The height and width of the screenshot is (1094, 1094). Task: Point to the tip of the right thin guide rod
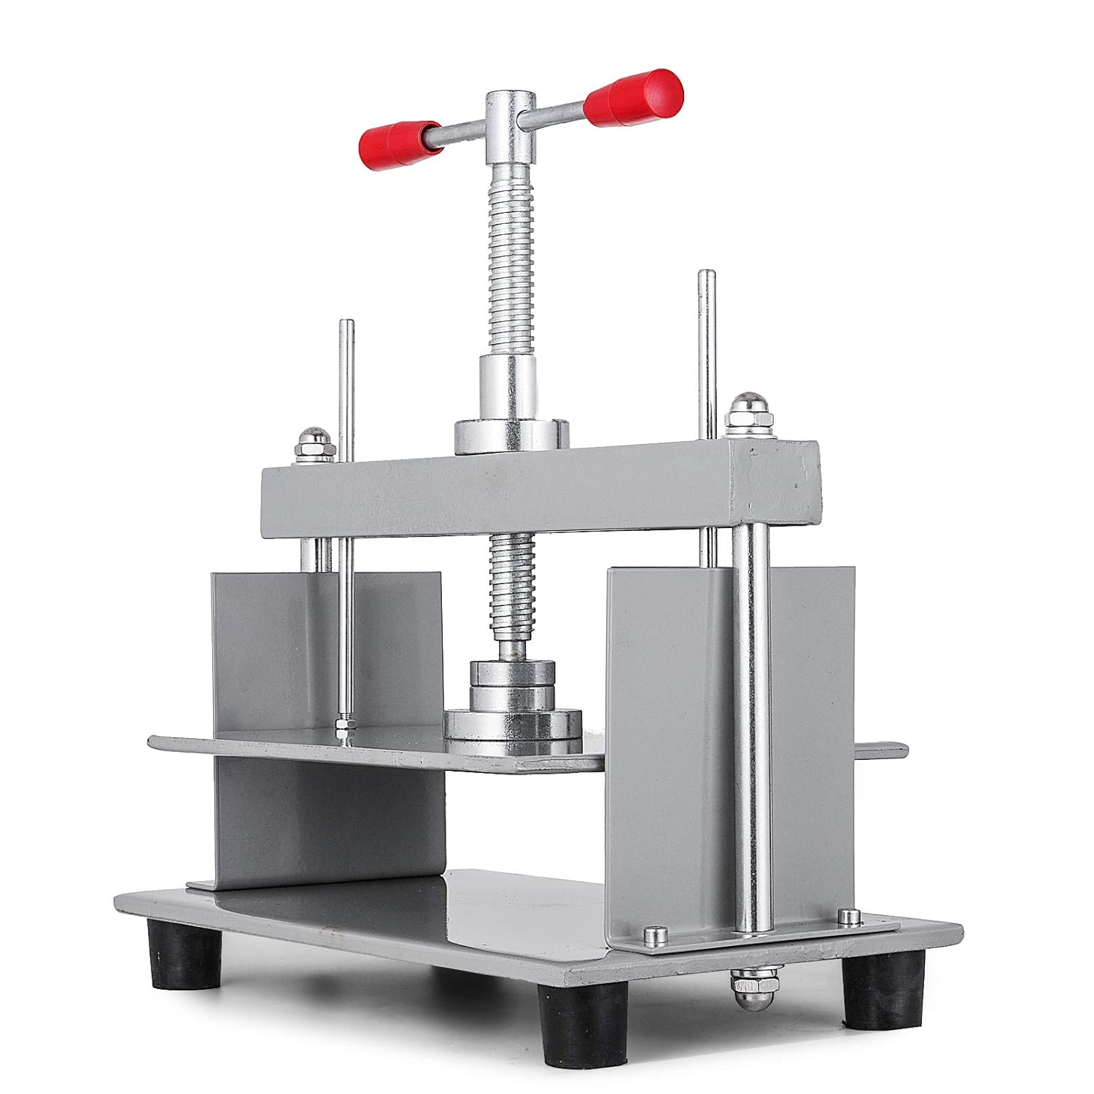click(x=705, y=276)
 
